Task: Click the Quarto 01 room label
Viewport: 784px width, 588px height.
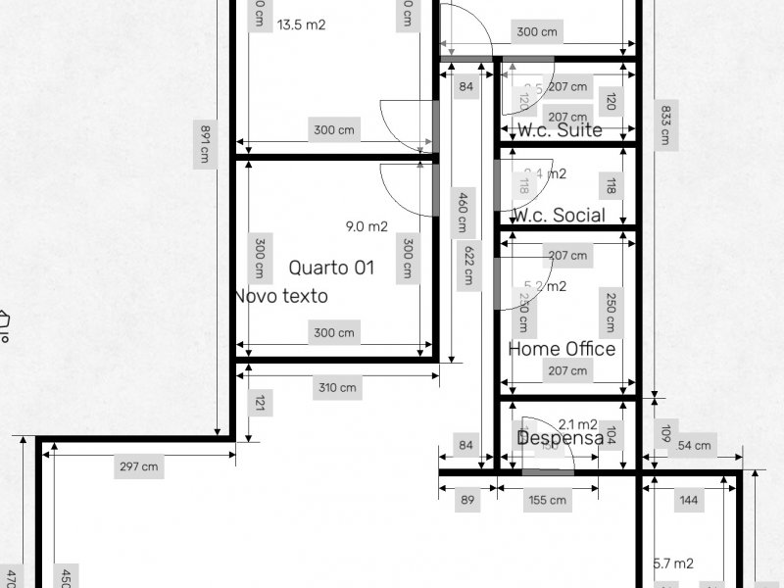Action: [331, 268]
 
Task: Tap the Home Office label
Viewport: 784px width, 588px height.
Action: [562, 349]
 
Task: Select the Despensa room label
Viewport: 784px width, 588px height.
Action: [560, 438]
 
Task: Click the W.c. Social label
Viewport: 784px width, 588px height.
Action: [559, 215]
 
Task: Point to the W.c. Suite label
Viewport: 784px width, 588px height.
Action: [560, 130]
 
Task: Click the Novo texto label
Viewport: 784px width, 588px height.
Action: [281, 296]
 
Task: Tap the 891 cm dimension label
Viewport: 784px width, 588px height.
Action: [205, 143]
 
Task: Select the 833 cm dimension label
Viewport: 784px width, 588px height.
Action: [665, 124]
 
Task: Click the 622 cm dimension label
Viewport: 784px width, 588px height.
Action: [471, 264]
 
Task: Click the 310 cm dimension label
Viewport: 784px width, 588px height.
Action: [336, 388]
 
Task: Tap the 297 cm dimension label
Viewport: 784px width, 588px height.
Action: [138, 466]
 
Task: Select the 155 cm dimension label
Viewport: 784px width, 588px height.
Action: [547, 501]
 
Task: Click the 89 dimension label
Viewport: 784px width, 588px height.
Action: [467, 501]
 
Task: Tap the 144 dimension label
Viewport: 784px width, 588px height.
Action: [689, 501]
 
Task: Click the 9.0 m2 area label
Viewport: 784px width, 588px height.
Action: [367, 226]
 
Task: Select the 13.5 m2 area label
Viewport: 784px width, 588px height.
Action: [301, 25]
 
